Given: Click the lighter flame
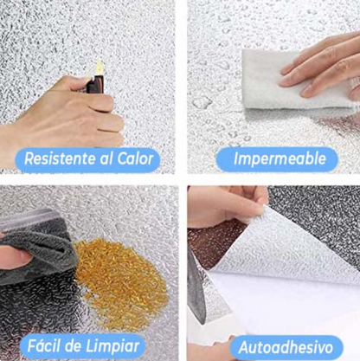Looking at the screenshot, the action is (99, 67).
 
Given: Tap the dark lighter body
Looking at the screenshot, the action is (96, 84).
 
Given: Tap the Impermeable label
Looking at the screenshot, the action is (277, 159).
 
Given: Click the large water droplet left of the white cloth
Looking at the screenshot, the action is (202, 102).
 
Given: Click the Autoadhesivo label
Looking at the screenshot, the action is (286, 347).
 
